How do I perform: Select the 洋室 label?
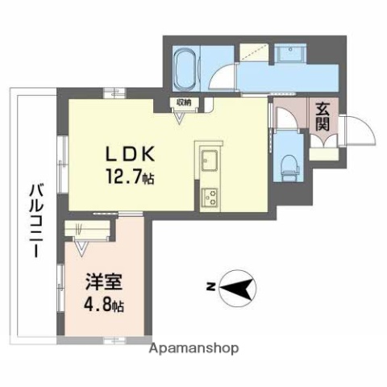pos(103,285)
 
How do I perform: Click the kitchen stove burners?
pos(210,195)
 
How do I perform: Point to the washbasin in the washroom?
pos(289,54)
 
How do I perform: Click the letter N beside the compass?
pos(209,285)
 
